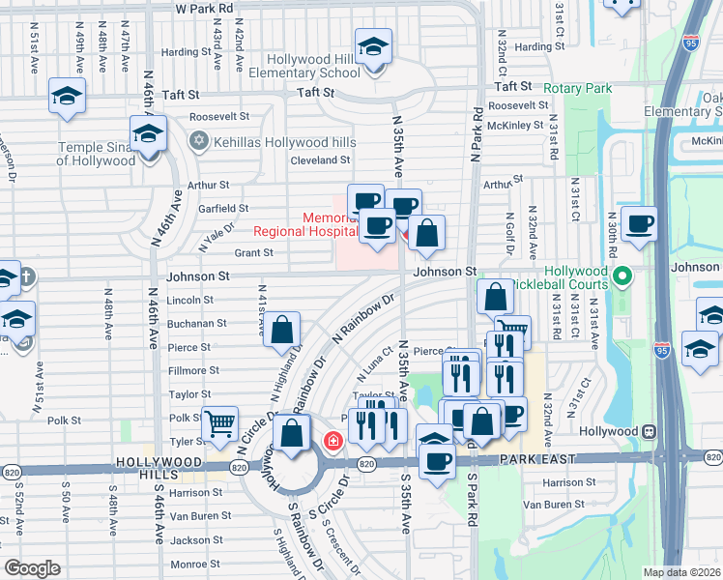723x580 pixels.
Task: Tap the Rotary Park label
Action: (578, 88)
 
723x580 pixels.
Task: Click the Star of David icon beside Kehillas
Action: (200, 141)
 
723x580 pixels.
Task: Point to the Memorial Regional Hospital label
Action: (299, 225)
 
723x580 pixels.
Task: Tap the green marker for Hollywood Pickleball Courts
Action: (622, 278)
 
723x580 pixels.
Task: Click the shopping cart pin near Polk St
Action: (220, 421)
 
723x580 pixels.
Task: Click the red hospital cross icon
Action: (333, 442)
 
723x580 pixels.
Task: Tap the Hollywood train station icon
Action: (650, 430)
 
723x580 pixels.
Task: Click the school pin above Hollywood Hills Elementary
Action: (372, 46)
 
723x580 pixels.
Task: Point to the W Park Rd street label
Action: (205, 7)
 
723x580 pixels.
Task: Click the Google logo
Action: (32, 568)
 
